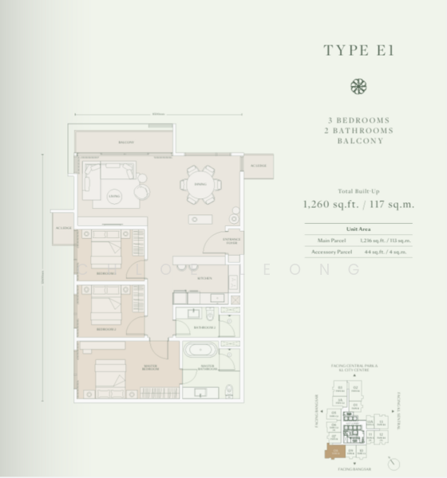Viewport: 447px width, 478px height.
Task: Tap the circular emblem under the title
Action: pyautogui.click(x=358, y=86)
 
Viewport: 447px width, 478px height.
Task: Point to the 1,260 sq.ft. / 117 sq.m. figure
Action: pyautogui.click(x=358, y=204)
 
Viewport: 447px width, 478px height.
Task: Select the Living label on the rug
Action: pyautogui.click(x=113, y=192)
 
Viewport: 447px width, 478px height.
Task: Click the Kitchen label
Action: pyautogui.click(x=204, y=278)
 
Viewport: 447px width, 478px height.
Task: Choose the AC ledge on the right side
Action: pyautogui.click(x=259, y=165)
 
